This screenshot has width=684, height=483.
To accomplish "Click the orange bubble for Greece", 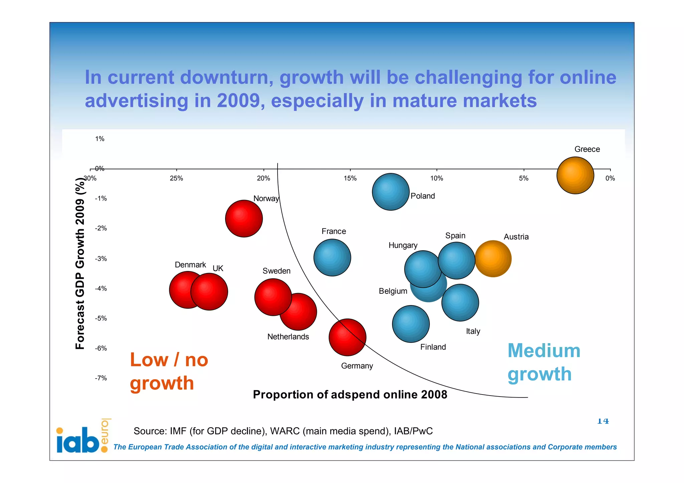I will pyautogui.click(x=575, y=175).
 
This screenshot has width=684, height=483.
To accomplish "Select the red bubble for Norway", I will pyautogui.click(x=244, y=219).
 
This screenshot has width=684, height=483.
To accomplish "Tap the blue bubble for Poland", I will pyautogui.click(x=390, y=192).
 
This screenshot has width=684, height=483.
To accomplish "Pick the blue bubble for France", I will pyautogui.click(x=332, y=257).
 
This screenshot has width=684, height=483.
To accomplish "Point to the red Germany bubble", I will pyautogui.click(x=347, y=337).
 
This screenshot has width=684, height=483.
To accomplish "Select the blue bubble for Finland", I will pyautogui.click(x=410, y=324).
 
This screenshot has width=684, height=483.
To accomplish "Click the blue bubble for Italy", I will pyautogui.click(x=460, y=302).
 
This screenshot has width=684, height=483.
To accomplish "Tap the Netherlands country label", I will pyautogui.click(x=288, y=336).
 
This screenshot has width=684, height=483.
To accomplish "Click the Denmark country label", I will pyautogui.click(x=190, y=265).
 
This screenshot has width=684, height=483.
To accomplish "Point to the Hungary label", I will pyautogui.click(x=403, y=245).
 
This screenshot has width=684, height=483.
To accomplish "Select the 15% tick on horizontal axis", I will pyautogui.click(x=350, y=178).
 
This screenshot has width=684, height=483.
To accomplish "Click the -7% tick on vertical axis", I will pyautogui.click(x=101, y=378).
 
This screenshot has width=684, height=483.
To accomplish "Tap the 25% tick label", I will pyautogui.click(x=176, y=178).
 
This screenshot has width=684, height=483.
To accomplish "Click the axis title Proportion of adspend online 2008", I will pyautogui.click(x=350, y=395).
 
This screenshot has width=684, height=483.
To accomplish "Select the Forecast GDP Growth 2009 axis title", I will pyautogui.click(x=80, y=263).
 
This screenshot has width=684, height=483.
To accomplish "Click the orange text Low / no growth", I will pyautogui.click(x=169, y=371).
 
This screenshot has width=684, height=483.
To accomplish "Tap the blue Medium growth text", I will pyautogui.click(x=543, y=362).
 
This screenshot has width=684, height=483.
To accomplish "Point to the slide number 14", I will pyautogui.click(x=603, y=421).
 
